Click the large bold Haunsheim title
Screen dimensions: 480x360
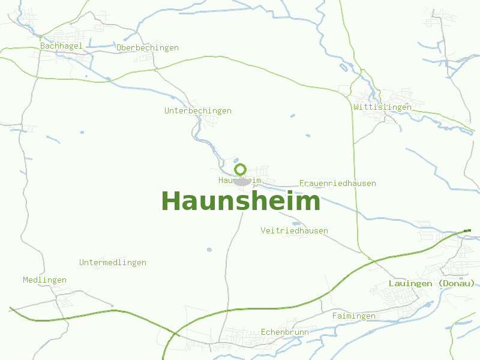241,202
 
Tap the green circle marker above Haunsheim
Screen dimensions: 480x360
240,169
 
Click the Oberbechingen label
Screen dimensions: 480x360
148,48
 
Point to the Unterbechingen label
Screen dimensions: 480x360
198,111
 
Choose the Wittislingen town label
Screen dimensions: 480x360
383,107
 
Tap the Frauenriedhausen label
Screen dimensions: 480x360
337,184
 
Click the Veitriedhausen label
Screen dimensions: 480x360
294,231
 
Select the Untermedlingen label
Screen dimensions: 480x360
113,263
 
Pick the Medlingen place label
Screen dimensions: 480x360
45,280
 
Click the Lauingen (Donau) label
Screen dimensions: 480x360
431,283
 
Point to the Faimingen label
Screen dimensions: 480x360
353,316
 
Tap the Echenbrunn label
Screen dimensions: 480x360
285,332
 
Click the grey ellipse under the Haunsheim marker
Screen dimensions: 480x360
242,181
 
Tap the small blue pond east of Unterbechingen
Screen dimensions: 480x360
292,115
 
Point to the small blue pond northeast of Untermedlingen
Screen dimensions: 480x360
209,250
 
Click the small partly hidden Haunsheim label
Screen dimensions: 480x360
239,180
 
